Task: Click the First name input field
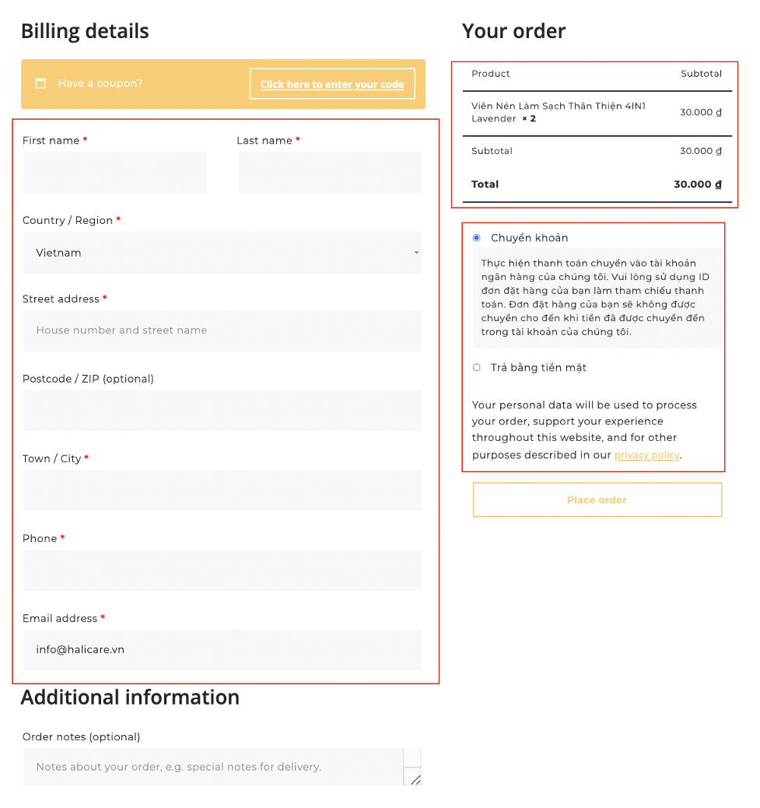[x=114, y=172]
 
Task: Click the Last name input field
[x=330, y=172]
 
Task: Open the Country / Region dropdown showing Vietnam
[x=222, y=253]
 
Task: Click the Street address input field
[x=222, y=331]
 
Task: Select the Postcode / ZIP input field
[x=222, y=411]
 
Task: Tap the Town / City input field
[x=222, y=490]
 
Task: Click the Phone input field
[x=222, y=570]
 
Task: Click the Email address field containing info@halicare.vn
[x=222, y=649]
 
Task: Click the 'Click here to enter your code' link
[x=332, y=84]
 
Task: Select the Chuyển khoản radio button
[x=477, y=238]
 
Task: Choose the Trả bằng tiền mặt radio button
[x=477, y=368]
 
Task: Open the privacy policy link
[x=646, y=455]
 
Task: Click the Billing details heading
[x=85, y=32]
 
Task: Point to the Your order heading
[x=513, y=32]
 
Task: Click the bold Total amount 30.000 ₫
[x=698, y=185]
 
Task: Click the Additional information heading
[x=130, y=698]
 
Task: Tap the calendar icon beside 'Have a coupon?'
[x=41, y=83]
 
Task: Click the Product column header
[x=491, y=74]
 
